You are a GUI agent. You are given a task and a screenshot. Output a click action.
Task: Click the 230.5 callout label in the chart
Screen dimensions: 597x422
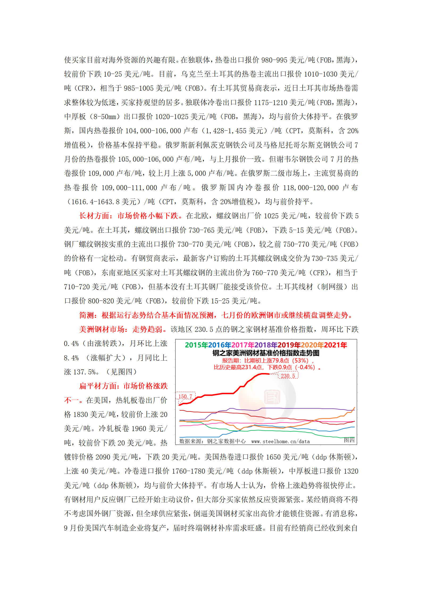tap(288, 376)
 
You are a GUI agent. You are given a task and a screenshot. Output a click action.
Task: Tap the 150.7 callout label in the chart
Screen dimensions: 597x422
tap(185, 396)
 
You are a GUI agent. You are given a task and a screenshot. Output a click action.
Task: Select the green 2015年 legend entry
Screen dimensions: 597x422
tap(197, 345)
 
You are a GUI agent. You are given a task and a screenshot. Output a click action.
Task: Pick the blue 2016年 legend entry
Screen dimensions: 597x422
tap(220, 345)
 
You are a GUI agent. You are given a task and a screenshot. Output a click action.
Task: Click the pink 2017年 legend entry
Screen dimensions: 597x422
tap(243, 345)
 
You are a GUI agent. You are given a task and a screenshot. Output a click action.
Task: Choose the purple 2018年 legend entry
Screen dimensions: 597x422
tap(266, 345)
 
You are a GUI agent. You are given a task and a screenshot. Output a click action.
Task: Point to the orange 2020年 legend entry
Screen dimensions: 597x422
tap(312, 345)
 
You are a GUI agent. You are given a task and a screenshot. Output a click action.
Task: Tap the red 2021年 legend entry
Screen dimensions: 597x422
tap(336, 345)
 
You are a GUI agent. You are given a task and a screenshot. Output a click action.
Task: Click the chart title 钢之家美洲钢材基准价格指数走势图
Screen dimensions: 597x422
tap(266, 353)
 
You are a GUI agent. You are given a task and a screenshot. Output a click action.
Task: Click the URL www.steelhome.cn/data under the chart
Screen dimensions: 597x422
tap(281, 441)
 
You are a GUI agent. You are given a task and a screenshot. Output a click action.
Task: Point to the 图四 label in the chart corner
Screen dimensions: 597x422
tap(349, 440)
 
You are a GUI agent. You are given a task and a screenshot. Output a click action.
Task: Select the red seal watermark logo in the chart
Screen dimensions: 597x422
tap(272, 397)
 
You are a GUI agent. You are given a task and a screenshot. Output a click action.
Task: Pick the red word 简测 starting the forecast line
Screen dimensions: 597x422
tap(87, 315)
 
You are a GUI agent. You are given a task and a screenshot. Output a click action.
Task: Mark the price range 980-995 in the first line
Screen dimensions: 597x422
tap(274, 60)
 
